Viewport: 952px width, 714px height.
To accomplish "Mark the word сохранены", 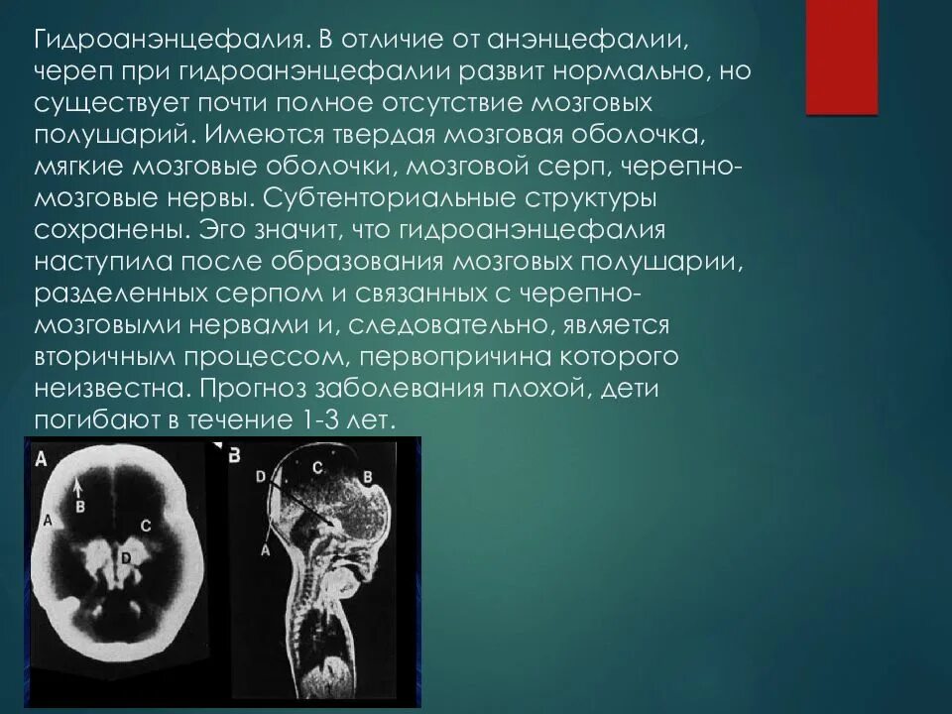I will [x=104, y=229].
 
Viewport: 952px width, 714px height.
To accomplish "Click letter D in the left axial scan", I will [x=125, y=559].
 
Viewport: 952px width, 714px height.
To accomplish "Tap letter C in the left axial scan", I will [x=146, y=526].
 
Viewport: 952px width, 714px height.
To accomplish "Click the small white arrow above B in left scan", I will [x=80, y=486].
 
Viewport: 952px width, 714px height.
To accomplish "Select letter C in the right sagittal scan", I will [x=317, y=465].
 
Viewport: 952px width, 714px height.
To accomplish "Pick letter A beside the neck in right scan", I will [x=266, y=547].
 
